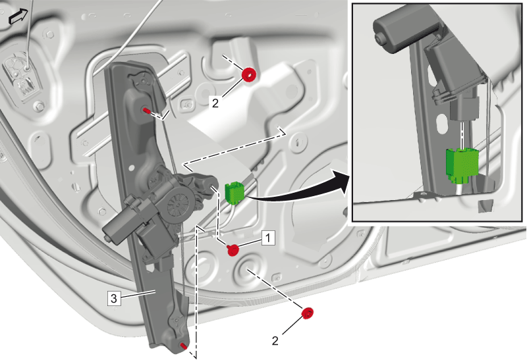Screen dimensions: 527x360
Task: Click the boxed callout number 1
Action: coord(268,238)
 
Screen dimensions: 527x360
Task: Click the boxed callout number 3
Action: coord(113,298)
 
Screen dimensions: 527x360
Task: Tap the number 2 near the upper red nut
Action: coord(215,103)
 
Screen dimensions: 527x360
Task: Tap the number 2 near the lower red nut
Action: coord(275,341)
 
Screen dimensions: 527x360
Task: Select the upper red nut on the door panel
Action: coord(250,75)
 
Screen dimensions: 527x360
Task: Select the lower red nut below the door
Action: coord(308,313)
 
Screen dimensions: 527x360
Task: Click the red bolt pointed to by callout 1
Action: coord(233,250)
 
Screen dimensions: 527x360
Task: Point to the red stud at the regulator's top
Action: coord(146,110)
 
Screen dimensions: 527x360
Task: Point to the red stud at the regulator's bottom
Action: coord(184,346)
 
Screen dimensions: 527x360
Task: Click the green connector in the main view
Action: coord(234,192)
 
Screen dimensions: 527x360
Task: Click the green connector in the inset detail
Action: coord(462,165)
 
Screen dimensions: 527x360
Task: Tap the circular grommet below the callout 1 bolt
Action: coord(250,268)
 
